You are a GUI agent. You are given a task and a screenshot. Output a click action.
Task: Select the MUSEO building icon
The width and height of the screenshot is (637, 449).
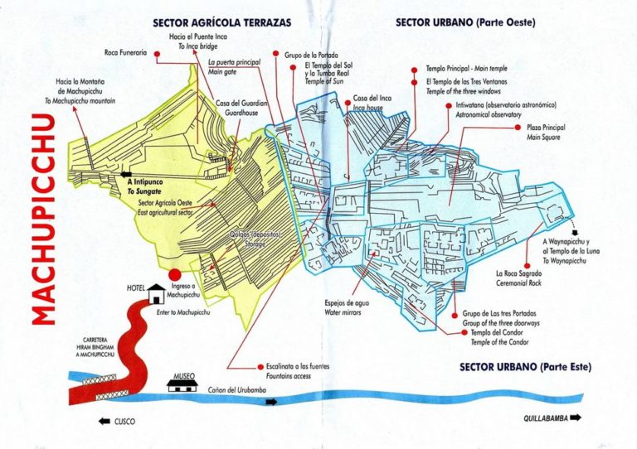pos(182,384)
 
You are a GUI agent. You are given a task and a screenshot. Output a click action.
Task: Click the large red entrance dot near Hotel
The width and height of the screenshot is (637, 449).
pos(174,275)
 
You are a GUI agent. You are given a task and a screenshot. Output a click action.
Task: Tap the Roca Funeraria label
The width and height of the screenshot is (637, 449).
pos(125,53)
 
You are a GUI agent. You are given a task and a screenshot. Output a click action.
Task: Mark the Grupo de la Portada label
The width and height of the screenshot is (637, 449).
pos(310,55)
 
